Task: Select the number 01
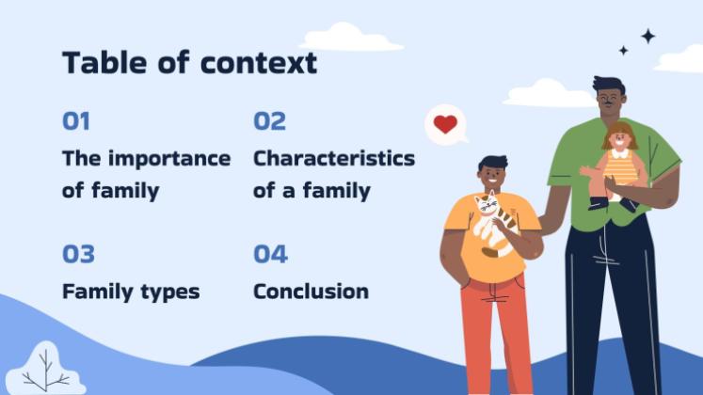click(x=76, y=121)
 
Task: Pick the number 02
click(x=269, y=121)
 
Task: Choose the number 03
click(x=78, y=254)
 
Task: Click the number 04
click(x=270, y=254)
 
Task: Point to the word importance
click(x=168, y=158)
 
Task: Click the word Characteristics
click(x=333, y=158)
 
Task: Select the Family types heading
click(x=131, y=292)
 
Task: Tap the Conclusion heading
click(x=311, y=292)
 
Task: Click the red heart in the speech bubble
click(x=445, y=124)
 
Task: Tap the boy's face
click(x=493, y=175)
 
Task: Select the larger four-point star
click(x=647, y=36)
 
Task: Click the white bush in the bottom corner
click(x=44, y=369)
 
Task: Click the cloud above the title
click(x=350, y=38)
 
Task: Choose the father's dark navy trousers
click(x=611, y=301)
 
